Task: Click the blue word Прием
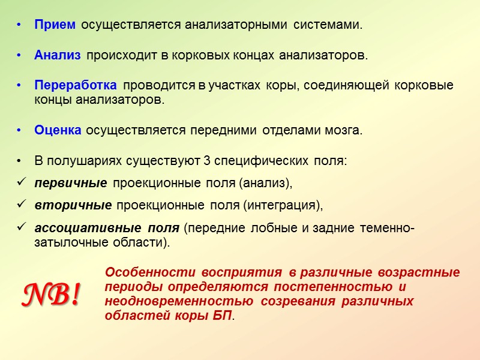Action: click(55, 25)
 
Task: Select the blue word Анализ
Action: click(57, 55)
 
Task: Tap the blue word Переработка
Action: click(75, 85)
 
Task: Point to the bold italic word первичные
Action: click(71, 182)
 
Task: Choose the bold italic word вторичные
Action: click(73, 205)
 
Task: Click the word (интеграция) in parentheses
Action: click(283, 205)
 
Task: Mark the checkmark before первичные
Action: click(20, 182)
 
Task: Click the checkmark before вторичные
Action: click(20, 205)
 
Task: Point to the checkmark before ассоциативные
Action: click(20, 227)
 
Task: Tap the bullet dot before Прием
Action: click(20, 26)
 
